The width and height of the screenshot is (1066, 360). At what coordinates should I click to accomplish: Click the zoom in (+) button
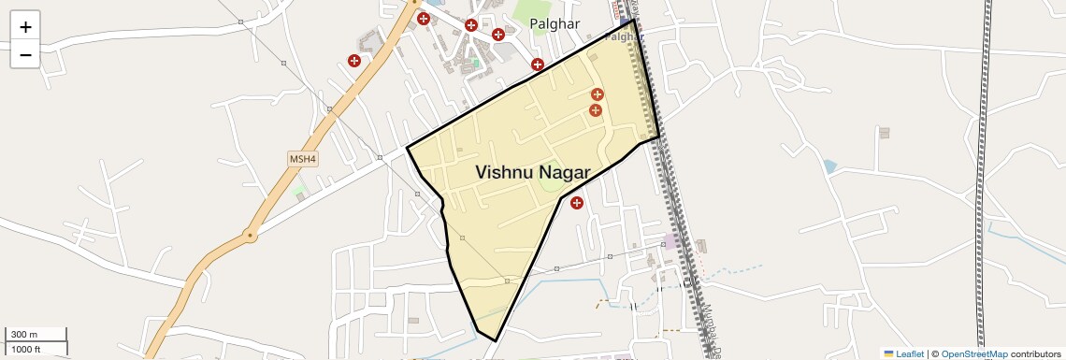tap(25, 26)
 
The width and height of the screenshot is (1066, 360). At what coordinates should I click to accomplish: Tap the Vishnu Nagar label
tap(532, 172)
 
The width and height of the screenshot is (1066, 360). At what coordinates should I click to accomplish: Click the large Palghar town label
tap(555, 24)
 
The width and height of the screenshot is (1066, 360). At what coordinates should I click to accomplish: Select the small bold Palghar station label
tap(623, 37)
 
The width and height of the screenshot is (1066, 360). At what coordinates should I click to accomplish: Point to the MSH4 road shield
tap(303, 159)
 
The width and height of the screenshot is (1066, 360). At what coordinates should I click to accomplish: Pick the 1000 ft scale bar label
tap(27, 349)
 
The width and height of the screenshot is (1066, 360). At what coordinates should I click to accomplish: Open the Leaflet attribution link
tap(909, 353)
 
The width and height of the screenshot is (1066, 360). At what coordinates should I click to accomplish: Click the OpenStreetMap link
tap(974, 353)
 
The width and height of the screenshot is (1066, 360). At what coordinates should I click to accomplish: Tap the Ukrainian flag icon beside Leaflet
tap(888, 353)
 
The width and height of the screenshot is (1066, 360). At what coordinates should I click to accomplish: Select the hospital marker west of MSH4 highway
tap(354, 61)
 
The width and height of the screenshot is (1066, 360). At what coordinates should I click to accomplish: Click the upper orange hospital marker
tap(597, 94)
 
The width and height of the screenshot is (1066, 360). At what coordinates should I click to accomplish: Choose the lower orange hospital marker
tap(595, 110)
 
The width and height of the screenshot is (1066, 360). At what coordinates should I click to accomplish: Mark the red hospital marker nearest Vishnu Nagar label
tap(577, 202)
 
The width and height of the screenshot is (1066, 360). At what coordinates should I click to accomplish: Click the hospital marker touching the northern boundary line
tap(537, 65)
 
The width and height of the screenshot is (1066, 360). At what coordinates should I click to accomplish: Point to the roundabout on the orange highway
tap(250, 234)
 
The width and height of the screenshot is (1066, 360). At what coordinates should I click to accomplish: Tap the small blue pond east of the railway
tap(829, 166)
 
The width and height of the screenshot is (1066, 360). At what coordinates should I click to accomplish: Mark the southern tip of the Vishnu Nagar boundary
tap(495, 340)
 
